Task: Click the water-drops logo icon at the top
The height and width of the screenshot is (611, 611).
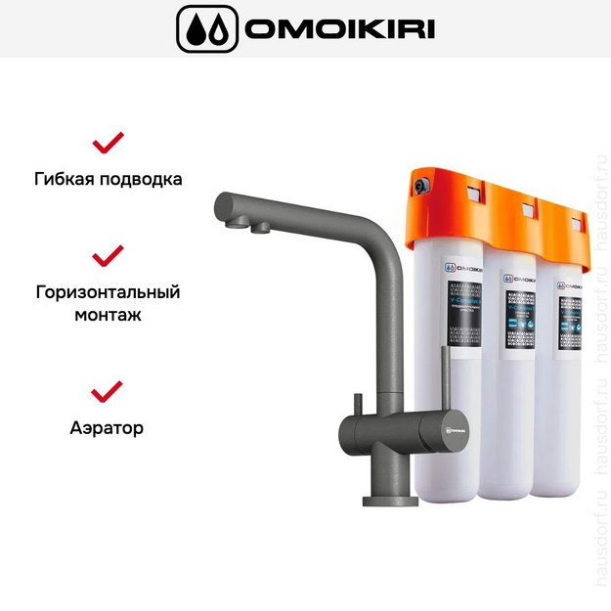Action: coord(205,29)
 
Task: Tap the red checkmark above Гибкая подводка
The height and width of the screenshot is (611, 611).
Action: coord(108,143)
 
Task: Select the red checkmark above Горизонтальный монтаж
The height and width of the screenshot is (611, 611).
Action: coord(108,255)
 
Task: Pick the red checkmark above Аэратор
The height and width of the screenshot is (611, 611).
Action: coord(108,391)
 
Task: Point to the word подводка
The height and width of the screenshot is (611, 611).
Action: coord(143,180)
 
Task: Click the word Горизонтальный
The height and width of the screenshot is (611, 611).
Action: coord(108,291)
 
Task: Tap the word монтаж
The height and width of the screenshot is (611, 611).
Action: coord(108,315)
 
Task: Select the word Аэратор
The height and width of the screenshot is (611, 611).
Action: coord(108,427)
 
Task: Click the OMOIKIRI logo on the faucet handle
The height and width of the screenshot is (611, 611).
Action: coord(452,427)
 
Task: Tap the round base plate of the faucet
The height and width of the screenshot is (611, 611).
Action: coord(390,501)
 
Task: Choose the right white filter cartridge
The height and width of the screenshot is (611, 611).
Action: coord(567,391)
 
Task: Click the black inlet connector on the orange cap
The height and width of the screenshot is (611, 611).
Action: coord(420,183)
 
